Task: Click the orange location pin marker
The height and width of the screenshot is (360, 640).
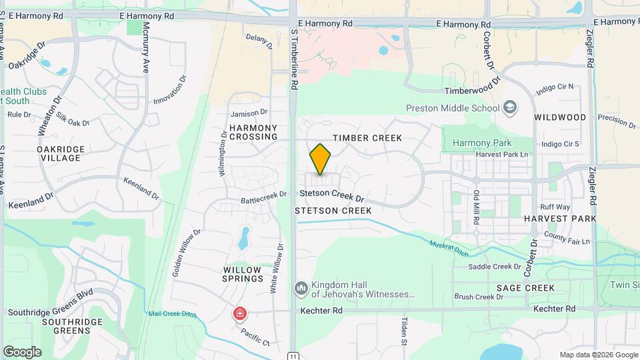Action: pyautogui.click(x=320, y=159)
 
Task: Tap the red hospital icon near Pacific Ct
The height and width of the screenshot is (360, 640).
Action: pyautogui.click(x=239, y=313)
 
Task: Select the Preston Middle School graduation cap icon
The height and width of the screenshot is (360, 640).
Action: pyautogui.click(x=510, y=107)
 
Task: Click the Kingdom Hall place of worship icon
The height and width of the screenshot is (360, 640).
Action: pyautogui.click(x=301, y=288)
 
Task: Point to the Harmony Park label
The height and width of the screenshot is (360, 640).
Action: pyautogui.click(x=481, y=143)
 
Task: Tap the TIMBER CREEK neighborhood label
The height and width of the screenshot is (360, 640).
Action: pyautogui.click(x=367, y=138)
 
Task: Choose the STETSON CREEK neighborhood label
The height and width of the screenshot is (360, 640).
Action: pyautogui.click(x=333, y=210)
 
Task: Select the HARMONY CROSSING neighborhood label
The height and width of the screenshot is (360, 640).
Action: pyautogui.click(x=253, y=132)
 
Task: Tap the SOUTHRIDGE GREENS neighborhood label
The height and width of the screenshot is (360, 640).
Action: pyautogui.click(x=71, y=326)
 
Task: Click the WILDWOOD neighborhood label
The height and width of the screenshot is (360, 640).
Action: pyautogui.click(x=560, y=117)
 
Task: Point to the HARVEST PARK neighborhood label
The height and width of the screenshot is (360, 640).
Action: pyautogui.click(x=559, y=219)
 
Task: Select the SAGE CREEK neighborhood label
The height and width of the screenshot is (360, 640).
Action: pyautogui.click(x=525, y=288)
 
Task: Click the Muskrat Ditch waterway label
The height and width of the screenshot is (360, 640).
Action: pyautogui.click(x=449, y=249)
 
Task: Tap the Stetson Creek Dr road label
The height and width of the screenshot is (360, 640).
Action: pyautogui.click(x=332, y=196)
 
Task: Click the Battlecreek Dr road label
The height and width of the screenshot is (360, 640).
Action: pyautogui.click(x=263, y=195)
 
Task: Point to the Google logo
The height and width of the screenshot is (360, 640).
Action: pyautogui.click(x=22, y=352)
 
